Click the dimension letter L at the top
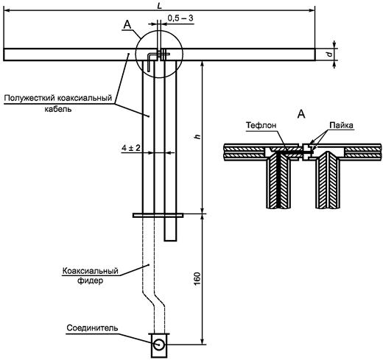point(160,6)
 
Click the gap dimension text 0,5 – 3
point(180,18)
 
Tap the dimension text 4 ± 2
point(131,148)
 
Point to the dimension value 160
point(197,278)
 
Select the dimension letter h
point(197,137)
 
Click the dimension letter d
point(331,54)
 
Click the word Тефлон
point(261,125)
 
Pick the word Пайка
point(341,125)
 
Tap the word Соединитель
point(92,328)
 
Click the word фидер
point(90,280)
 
